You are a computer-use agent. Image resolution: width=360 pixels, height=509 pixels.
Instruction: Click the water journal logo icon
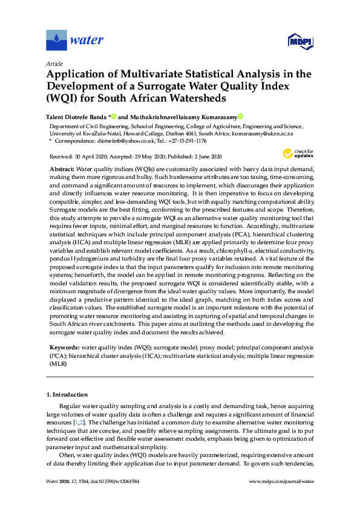56,41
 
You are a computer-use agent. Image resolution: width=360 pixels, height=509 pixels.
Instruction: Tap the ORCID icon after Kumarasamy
240,116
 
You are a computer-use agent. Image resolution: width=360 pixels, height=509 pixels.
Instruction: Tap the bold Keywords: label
64,349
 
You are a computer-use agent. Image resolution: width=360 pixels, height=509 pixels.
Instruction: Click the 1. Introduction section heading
67,395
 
